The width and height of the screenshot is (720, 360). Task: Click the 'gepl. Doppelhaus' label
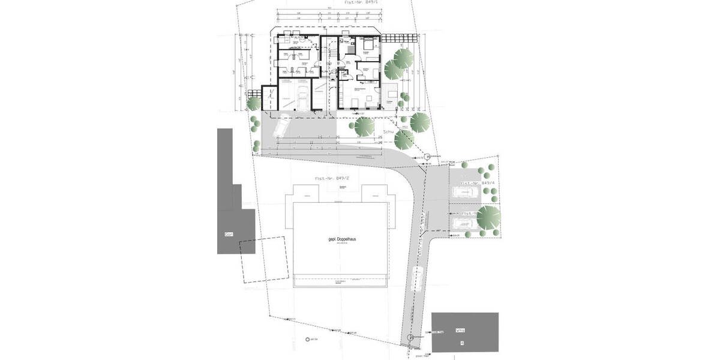click(x=340, y=239)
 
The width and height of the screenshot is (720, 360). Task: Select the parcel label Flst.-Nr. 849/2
click(x=332, y=179)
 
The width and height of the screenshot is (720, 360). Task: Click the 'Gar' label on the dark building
click(x=228, y=233)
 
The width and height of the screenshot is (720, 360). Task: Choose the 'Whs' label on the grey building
click(x=461, y=329)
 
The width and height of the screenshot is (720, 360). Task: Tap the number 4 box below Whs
click(x=461, y=343)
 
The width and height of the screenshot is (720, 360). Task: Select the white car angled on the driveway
click(x=281, y=125)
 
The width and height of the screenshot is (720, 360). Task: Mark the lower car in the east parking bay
click(x=464, y=223)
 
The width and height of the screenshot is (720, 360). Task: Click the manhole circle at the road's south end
click(x=410, y=338)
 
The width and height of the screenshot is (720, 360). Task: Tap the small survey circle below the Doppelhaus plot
click(x=308, y=340)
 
